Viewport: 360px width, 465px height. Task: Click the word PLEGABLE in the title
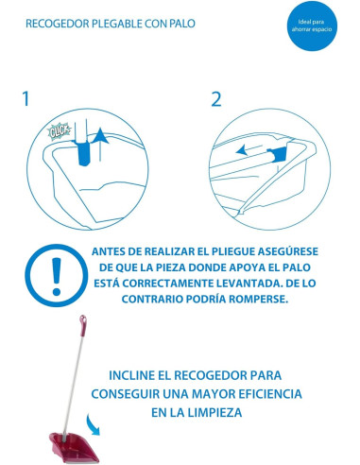coord(116,24)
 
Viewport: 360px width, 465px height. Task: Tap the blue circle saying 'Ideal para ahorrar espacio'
coord(312,26)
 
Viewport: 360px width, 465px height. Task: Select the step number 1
coord(26,98)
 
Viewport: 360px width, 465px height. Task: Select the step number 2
coord(216,99)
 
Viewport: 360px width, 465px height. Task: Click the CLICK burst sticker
coord(59,131)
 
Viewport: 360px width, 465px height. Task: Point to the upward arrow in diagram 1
coord(100,145)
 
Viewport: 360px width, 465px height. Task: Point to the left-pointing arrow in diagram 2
coord(249,150)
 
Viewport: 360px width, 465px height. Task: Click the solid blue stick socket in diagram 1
coord(83,152)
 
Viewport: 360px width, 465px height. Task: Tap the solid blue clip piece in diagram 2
coord(277,154)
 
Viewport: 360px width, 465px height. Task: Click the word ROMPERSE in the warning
coord(259,299)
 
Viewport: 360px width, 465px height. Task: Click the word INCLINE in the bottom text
coord(129,375)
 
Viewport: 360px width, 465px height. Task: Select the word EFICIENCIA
coord(270,394)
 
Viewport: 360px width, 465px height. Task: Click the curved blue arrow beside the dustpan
coord(94,425)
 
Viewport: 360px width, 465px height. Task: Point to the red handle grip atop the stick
coord(83,321)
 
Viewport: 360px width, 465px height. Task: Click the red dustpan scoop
coord(74,447)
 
